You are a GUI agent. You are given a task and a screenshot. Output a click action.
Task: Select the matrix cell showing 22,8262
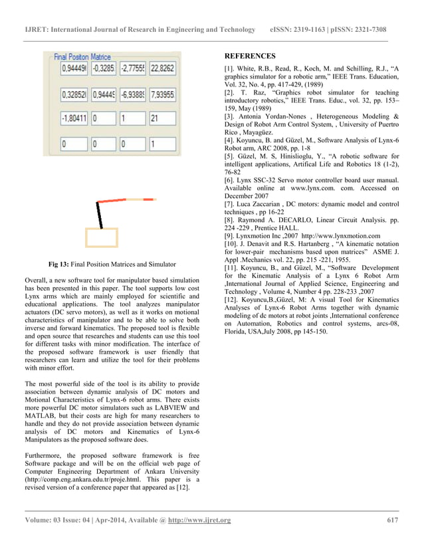pos(162,67)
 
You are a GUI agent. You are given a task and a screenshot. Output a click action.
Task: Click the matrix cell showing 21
pos(162,118)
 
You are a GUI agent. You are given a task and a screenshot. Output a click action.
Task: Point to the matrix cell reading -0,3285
pos(103,67)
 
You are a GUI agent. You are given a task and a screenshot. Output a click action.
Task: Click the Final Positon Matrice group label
pos(82,57)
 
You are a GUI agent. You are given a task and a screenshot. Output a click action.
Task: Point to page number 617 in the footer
pos(393,520)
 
